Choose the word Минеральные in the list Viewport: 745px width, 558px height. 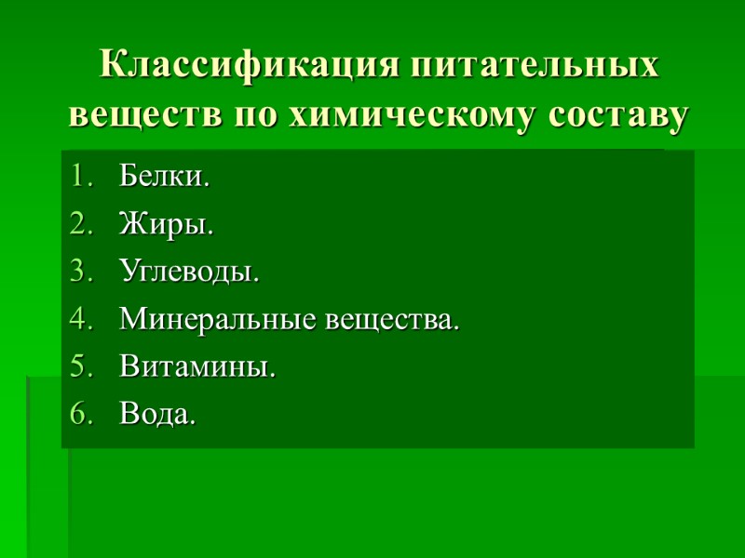click(219, 321)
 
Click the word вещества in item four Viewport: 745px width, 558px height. click(392, 321)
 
